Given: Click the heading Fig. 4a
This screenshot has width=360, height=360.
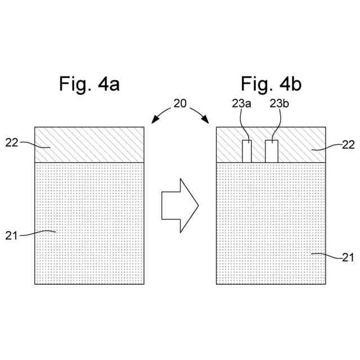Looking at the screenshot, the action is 89,84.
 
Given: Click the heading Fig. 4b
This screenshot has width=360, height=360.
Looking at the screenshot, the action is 271,84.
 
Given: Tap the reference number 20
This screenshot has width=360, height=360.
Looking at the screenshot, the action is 181,103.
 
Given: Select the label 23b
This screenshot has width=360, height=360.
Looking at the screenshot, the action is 280,103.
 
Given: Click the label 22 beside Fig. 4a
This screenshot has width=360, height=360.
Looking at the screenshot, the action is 12,142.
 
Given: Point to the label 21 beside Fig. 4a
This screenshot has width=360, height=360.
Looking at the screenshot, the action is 12,235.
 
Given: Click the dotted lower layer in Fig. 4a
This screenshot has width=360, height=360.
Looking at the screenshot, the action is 90,225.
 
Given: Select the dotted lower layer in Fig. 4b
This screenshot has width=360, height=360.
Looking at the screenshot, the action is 271,225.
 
